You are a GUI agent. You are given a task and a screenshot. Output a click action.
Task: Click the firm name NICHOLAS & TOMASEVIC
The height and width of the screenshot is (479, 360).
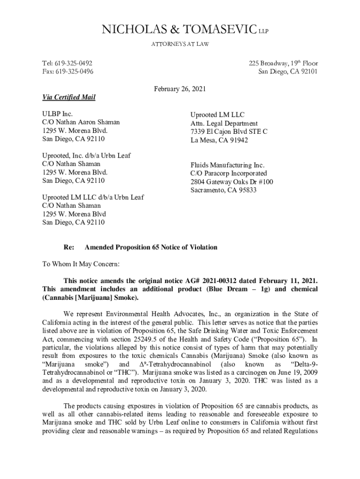[x=175, y=31]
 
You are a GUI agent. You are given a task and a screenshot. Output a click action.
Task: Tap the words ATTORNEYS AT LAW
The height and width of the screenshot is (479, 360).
[x=180, y=44]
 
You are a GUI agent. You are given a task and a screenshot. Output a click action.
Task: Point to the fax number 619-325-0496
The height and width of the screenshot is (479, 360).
[x=74, y=72]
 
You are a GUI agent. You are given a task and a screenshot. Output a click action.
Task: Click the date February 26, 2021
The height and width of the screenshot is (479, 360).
[x=180, y=89]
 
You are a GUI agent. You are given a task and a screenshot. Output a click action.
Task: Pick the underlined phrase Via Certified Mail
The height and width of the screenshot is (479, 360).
[x=69, y=97]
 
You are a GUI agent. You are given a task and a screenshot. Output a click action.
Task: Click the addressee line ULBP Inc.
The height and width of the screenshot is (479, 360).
[x=58, y=114]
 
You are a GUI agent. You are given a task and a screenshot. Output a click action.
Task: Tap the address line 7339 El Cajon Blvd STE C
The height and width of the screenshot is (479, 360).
[x=229, y=131]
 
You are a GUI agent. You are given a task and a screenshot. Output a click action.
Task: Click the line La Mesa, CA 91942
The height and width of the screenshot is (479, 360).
[x=219, y=140]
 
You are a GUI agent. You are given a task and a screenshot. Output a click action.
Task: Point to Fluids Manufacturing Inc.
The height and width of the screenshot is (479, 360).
[x=227, y=165]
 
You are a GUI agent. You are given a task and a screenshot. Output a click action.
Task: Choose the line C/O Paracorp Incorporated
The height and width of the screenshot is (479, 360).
[x=228, y=174]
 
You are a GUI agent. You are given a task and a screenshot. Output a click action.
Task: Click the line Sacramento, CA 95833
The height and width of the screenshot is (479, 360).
[x=223, y=190]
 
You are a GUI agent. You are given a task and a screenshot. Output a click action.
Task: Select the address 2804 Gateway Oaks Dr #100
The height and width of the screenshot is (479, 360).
[x=231, y=182]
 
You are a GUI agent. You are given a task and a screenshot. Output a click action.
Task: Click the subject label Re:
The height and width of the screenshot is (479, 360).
[x=68, y=247]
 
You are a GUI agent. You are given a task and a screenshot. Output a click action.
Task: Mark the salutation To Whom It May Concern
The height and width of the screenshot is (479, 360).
[x=81, y=264]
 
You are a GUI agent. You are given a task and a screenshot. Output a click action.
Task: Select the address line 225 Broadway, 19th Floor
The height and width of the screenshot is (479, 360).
[x=283, y=63]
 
